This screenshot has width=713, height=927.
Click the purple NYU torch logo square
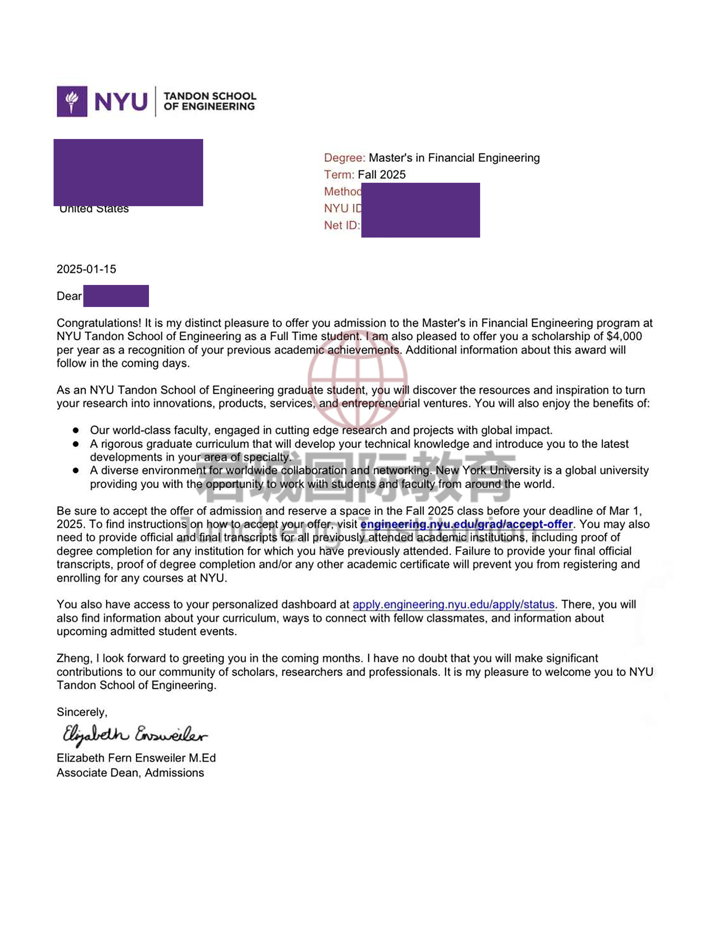point(72,101)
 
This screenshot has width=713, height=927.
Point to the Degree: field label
point(344,158)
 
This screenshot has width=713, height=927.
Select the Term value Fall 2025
point(382,175)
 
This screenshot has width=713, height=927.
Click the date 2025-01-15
point(86,269)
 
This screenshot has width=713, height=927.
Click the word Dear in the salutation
point(69,296)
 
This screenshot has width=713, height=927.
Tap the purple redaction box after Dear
point(116,296)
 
